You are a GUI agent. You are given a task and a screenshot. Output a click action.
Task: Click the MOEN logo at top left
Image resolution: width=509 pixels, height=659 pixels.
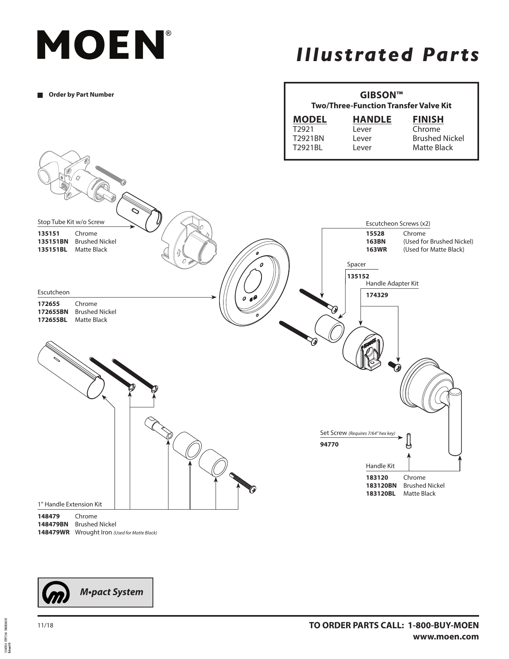coord(101,45)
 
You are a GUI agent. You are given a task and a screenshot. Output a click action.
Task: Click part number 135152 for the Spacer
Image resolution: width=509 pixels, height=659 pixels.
coord(358,276)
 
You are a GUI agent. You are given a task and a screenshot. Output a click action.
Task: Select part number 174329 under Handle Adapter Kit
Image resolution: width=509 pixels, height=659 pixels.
coord(377,295)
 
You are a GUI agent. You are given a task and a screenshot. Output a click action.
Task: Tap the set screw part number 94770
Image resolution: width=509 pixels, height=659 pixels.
coord(329,444)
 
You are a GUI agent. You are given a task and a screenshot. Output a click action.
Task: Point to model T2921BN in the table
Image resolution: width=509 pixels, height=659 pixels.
coord(308,139)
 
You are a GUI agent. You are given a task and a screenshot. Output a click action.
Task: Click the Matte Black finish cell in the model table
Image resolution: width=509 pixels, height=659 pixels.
coord(432,148)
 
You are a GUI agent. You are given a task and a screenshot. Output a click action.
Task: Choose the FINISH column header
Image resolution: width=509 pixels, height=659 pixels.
coord(428,119)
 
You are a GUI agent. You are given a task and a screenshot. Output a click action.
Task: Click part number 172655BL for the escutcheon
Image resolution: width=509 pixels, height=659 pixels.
coord(52,320)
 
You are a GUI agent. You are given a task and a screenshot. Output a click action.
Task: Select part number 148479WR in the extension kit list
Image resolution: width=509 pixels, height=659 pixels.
coord(53,532)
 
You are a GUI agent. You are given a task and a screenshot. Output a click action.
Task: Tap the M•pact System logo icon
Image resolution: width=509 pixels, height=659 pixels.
coord(56,592)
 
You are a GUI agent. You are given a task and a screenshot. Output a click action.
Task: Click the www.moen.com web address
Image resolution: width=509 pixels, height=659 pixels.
coord(446,637)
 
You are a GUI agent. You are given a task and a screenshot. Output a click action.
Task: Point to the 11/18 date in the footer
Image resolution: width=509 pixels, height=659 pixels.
coord(45,625)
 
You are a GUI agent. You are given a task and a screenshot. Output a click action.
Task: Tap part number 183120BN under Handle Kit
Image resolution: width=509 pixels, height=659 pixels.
coord(381,486)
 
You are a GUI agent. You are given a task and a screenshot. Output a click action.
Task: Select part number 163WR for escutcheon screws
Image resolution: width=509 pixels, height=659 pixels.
coord(376,250)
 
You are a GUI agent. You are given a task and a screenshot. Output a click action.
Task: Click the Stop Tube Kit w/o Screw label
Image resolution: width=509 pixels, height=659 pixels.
coord(71,222)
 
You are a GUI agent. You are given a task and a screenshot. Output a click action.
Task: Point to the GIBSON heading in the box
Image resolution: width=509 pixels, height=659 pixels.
coord(381,95)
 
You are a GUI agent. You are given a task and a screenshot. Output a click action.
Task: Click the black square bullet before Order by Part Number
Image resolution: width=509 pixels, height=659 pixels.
coord(40,95)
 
